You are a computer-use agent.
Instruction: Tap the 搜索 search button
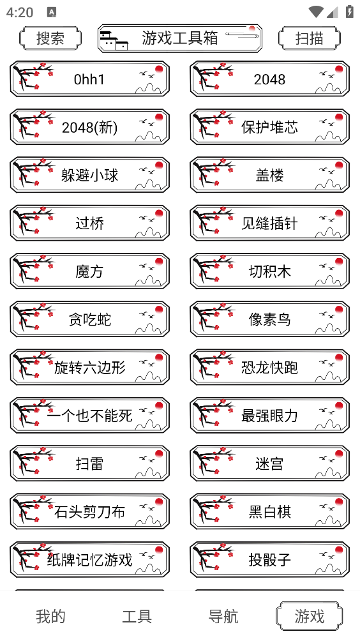(x=50, y=38)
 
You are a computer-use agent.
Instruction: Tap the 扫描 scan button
(x=310, y=38)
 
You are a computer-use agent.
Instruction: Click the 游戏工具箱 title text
(x=180, y=38)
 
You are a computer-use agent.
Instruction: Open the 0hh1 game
(x=90, y=79)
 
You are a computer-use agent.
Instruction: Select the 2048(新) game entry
(x=90, y=128)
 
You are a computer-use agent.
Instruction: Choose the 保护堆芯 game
(x=270, y=128)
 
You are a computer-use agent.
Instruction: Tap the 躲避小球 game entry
(x=90, y=176)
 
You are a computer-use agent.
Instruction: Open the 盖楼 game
(x=270, y=176)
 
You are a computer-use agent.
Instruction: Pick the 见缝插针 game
(x=270, y=223)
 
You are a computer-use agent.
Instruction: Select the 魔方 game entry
(x=90, y=272)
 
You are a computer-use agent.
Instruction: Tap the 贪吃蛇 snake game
(x=90, y=320)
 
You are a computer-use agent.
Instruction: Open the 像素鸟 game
(x=270, y=320)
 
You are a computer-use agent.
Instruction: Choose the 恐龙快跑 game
(x=270, y=368)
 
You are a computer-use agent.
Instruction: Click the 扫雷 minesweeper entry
(x=90, y=464)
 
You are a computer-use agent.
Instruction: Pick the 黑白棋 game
(x=270, y=512)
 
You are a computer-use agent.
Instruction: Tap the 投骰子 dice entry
(x=270, y=561)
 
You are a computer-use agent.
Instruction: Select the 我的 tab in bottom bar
(x=50, y=616)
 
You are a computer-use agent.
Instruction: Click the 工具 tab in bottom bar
(x=137, y=616)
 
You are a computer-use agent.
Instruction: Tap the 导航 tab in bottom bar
(x=223, y=616)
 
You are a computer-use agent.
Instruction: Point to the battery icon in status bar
(x=349, y=11)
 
